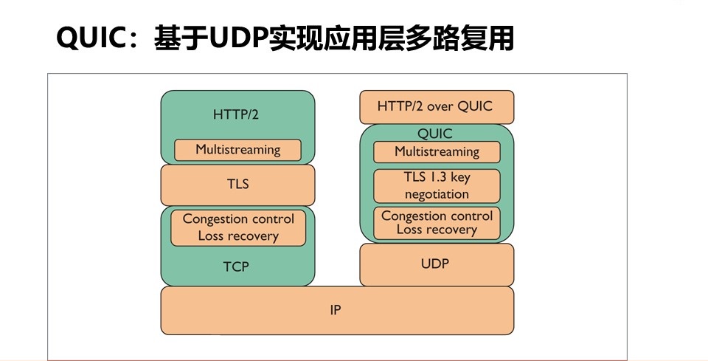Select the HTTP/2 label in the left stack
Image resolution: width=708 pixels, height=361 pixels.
point(236,114)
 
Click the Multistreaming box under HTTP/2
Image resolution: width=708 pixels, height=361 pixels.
point(237,150)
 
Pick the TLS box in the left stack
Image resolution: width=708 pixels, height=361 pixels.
point(237,185)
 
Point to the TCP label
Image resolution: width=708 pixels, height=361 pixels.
point(236,267)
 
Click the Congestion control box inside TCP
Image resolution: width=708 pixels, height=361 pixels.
point(238,227)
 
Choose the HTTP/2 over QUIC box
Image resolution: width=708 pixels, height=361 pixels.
point(437,107)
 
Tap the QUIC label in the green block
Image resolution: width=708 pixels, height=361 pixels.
point(435,134)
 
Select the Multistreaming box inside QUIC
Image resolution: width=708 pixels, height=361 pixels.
point(437,152)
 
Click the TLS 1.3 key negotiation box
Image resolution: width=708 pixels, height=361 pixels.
point(437,186)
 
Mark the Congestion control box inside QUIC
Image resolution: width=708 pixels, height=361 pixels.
point(437,223)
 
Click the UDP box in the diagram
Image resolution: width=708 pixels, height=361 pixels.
point(437,265)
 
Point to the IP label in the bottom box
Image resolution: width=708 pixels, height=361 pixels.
point(336,310)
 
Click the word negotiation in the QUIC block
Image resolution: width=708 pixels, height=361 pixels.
point(437,194)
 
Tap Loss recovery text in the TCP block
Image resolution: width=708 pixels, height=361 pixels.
point(238,235)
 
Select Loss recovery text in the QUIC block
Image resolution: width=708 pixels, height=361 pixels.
point(437,230)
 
